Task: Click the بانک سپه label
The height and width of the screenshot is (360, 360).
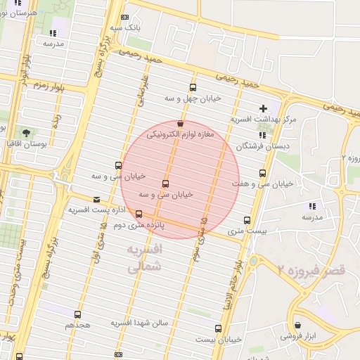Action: pos(127,28)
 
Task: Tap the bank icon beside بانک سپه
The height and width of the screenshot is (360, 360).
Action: pos(125,18)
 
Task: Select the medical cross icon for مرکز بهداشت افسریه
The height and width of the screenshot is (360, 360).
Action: pos(264,108)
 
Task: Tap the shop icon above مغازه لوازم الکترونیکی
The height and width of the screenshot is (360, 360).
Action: pos(181,124)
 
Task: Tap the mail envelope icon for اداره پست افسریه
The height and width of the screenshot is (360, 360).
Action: pos(96,200)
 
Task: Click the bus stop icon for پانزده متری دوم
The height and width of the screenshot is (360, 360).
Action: pos(139,214)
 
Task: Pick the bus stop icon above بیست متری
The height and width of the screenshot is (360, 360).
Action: pos(246,220)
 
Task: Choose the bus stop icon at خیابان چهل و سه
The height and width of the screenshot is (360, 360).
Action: pos(193,88)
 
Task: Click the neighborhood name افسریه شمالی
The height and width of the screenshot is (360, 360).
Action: pos(146,258)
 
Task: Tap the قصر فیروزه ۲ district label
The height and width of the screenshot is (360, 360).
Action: pos(310,270)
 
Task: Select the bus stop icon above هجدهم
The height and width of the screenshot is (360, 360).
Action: pos(77,314)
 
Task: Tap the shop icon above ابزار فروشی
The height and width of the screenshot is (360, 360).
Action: pos(299,326)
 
